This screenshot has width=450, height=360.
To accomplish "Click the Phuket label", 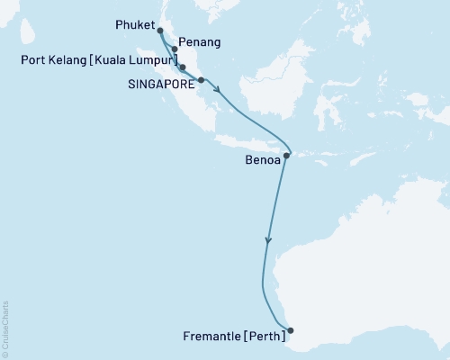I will [135, 25].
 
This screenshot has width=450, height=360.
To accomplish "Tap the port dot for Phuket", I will [160, 37].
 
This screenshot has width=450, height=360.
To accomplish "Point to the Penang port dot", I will [174, 50].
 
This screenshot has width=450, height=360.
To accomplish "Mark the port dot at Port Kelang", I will [183, 67].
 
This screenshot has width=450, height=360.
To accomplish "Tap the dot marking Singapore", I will [201, 80].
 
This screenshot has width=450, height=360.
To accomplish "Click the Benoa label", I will [262, 163].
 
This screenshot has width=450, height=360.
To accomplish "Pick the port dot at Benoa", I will [286, 156].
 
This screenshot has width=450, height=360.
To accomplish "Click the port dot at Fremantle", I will [290, 329].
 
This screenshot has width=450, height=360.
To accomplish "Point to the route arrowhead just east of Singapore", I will [218, 88].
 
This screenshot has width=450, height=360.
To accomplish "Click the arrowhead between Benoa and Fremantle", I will [268, 240].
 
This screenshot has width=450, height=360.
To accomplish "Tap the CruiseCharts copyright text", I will [6, 328].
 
